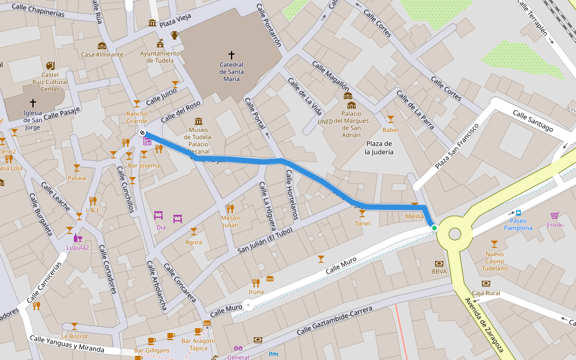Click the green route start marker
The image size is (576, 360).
pos(434,228)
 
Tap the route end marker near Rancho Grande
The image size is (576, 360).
pos(143,133)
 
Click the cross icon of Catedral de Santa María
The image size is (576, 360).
pos(231,55)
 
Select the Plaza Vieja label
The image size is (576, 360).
pos(175,23)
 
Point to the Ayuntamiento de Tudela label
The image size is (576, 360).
pos(160,57)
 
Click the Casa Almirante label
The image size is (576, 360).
pos(102,55)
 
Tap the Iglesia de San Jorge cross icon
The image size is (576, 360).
pos(33,103)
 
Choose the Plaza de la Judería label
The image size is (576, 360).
pos(379,148)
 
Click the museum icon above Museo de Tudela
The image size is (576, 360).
pos(199,121)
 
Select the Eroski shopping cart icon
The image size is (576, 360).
pos(554,215)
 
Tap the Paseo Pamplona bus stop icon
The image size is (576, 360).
pos(518,212)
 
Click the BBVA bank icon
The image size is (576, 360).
pos(439,263)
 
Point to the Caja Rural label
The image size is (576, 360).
pos(486,293)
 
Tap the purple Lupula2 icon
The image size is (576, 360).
pos(78,238)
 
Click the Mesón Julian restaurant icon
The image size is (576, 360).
pos(230,208)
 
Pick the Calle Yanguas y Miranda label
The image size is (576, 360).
pos(67,344)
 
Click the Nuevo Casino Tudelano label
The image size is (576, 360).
pos(494,260)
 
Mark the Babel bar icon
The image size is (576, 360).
pos(390,119)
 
